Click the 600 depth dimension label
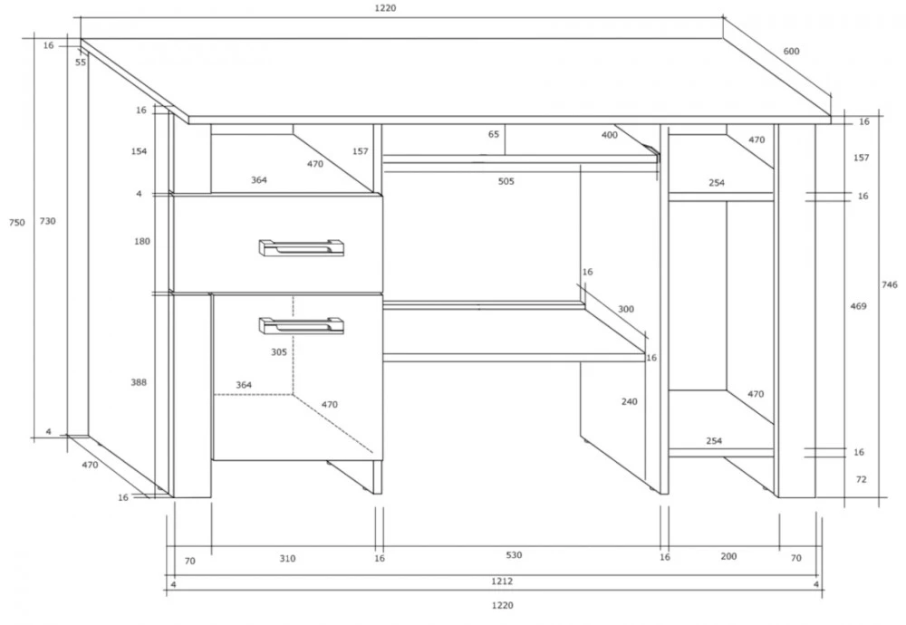791,51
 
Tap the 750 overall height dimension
17,223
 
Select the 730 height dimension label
47,221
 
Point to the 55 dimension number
81,62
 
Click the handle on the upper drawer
301,247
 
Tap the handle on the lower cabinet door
301,325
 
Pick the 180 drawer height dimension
142,242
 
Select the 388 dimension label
139,382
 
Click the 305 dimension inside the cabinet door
279,351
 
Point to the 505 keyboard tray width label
506,181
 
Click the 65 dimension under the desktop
494,134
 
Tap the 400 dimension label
610,135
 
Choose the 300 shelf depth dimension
626,309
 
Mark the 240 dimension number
630,401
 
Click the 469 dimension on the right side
859,306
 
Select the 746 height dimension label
890,284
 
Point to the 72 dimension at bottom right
862,479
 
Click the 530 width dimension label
514,555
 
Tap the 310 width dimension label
288,559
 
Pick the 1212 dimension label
502,582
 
